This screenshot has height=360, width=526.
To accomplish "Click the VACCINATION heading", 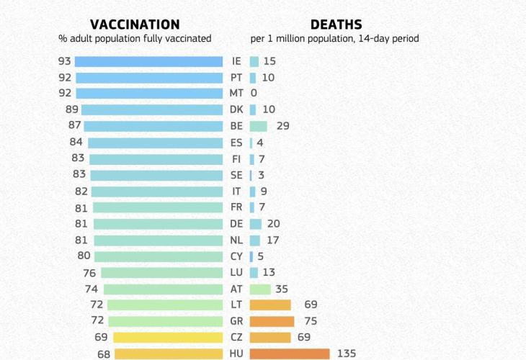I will [135, 24].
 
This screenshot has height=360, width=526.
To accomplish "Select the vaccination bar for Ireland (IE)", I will [149, 62].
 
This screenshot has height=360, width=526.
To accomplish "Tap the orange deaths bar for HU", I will [290, 354].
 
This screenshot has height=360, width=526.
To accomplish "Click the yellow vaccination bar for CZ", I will [168, 338].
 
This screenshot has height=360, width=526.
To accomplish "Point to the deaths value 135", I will [347, 354].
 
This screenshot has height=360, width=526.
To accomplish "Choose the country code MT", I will [236, 94].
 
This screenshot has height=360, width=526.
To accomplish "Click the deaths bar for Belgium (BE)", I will [258, 126].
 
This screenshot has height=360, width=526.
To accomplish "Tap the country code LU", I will [236, 273].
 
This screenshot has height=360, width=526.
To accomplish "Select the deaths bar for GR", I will [272, 321].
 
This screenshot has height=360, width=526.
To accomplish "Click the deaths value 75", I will [310, 321].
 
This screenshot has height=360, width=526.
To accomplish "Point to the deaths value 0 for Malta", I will [254, 94].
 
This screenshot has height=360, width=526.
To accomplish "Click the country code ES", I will [236, 143].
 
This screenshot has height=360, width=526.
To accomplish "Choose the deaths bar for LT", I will [270, 305].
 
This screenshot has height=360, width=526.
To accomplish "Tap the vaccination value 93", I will [65, 61].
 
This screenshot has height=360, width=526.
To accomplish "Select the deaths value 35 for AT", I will [282, 289].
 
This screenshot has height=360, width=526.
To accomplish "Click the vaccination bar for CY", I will [159, 256].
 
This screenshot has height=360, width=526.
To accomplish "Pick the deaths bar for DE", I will [256, 224].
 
